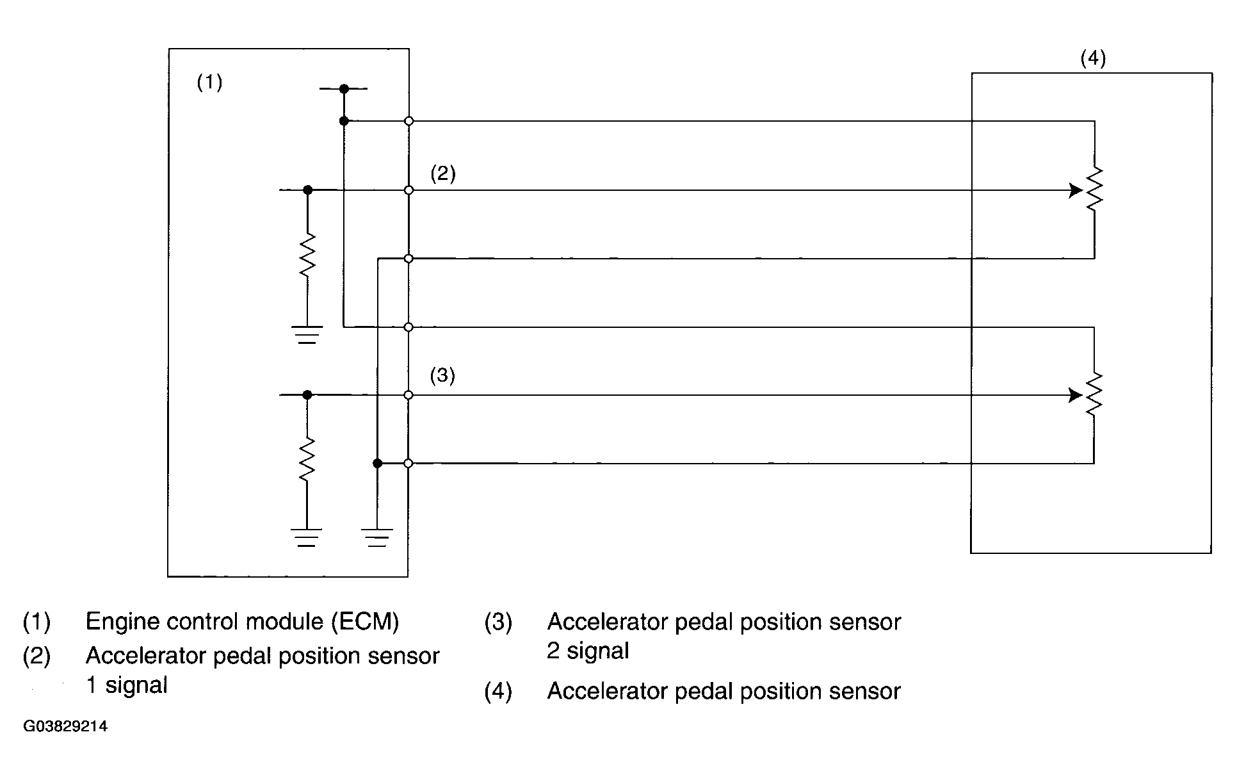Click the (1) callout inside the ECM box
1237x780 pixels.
tap(209, 83)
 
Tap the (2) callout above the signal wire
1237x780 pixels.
tap(443, 174)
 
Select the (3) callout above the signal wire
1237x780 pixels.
tap(442, 375)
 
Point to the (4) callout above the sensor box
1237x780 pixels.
tap(1093, 59)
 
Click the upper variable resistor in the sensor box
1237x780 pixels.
tap(1094, 190)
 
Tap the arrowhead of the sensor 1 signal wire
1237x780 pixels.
tap(1076, 190)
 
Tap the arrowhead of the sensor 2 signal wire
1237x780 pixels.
tap(1076, 396)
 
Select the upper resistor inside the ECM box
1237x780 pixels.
tap(307, 256)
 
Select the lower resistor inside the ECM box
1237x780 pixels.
tap(307, 459)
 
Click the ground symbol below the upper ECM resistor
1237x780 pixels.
tap(307, 335)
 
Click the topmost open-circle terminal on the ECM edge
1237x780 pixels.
tap(408, 121)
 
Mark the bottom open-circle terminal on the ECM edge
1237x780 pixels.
tap(408, 463)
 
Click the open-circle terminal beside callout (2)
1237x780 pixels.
tap(408, 190)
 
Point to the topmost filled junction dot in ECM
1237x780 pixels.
tap(344, 88)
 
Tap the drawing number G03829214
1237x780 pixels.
tap(65, 727)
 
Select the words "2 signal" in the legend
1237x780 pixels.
tap(588, 651)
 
